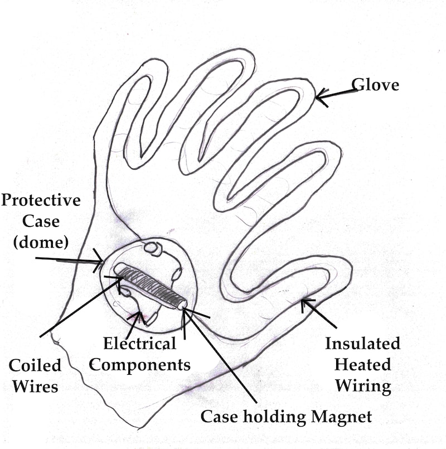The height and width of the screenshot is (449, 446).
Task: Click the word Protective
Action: click(41, 200)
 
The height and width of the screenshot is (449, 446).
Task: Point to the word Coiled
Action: click(35, 365)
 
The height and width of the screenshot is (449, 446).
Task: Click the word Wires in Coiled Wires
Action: click(35, 385)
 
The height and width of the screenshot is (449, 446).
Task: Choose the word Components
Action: click(140, 365)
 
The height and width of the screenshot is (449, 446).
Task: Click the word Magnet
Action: click(342, 416)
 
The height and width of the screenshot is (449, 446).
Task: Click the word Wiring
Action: click(363, 385)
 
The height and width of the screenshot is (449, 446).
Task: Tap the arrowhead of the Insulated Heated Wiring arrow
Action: click(304, 302)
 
